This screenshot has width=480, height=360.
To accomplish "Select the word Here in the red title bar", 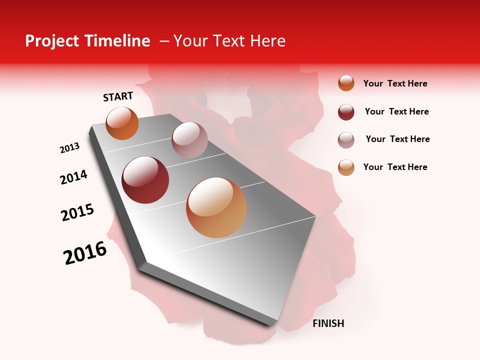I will point(267,41).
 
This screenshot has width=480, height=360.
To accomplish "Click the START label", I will point(118,96).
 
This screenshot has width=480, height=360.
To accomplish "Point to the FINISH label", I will point(328,323).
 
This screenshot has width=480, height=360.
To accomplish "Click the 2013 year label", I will point(70,148).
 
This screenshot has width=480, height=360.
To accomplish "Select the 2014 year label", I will point(73,177).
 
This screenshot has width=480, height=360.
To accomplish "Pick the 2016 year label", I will point(85,253).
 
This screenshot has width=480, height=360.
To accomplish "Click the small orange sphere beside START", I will point(122,123).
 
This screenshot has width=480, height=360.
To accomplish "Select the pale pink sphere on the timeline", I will point(189,140).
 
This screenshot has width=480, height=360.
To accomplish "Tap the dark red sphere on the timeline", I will point(145,180).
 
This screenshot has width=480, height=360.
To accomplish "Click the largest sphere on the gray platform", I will point(216,207).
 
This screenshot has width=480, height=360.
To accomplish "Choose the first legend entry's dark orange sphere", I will point(346,83).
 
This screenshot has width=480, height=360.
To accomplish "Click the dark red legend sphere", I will point(346,112).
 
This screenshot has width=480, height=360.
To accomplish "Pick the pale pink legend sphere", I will point(346,140).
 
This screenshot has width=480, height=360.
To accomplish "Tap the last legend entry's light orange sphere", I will point(346,167).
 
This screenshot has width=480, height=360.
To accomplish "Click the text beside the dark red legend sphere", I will point(396,111).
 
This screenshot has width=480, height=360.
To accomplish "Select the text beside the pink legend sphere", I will point(397,139).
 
